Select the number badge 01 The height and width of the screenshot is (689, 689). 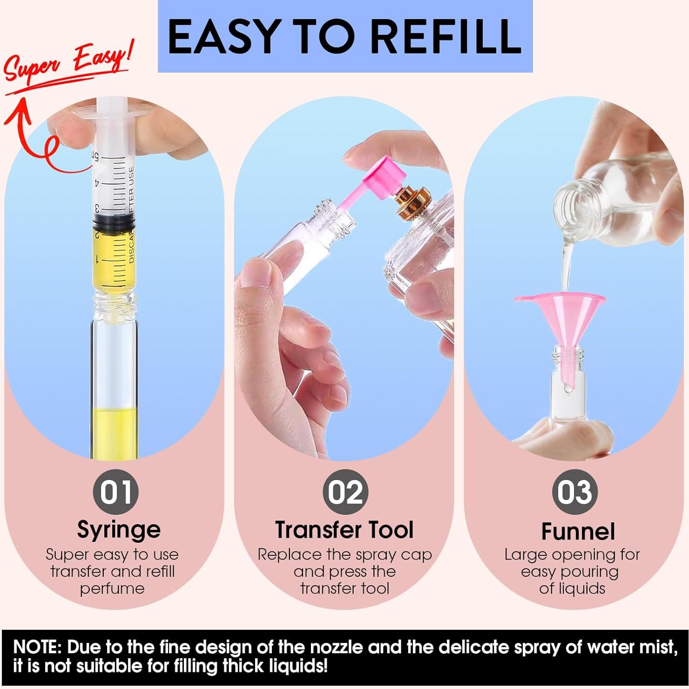click(x=115, y=492)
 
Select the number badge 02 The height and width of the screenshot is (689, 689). click(x=345, y=492)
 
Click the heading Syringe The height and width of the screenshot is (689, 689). click(x=119, y=530)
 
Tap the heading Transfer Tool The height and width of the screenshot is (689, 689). click(x=344, y=530)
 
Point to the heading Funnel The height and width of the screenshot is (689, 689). click(x=578, y=531)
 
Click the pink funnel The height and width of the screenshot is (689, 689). click(x=559, y=317)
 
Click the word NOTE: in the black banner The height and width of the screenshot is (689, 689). click(x=37, y=648)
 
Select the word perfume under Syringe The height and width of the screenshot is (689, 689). click(x=112, y=588)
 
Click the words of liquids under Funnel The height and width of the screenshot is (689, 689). click(x=572, y=588)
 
